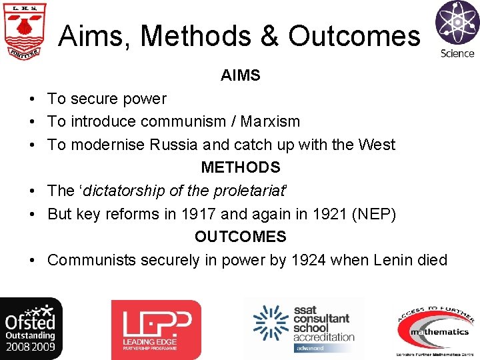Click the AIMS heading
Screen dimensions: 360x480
click(241, 76)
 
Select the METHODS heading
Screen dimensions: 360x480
click(241, 167)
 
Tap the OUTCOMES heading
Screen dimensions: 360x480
click(241, 237)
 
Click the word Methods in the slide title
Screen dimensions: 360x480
click(198, 36)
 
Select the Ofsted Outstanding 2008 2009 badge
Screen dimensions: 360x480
click(31, 329)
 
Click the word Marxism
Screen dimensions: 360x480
click(270, 122)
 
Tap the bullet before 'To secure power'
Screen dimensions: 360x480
click(32, 99)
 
